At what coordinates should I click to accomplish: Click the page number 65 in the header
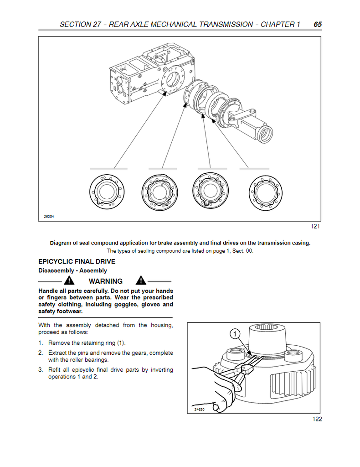click(x=318, y=25)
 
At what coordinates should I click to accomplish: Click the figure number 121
click(x=315, y=227)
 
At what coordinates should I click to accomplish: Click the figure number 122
click(x=317, y=419)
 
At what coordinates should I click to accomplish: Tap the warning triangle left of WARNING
click(x=69, y=281)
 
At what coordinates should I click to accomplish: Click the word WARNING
click(x=105, y=281)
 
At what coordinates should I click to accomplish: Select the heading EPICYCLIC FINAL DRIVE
click(x=77, y=262)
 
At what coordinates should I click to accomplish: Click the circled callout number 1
click(x=234, y=335)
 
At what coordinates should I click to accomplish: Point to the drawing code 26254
click(x=49, y=217)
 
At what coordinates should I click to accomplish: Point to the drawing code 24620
click(x=199, y=410)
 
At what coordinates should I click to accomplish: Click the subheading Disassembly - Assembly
click(x=72, y=271)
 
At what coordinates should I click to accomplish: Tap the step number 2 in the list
click(x=41, y=353)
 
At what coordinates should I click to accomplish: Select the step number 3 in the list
click(x=41, y=370)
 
